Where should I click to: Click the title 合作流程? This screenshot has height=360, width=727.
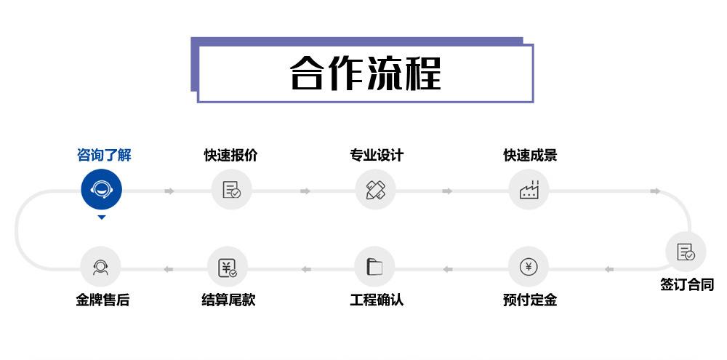[365, 73]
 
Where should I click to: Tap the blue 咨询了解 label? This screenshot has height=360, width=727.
[104, 155]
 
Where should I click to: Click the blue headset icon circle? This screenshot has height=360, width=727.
[101, 190]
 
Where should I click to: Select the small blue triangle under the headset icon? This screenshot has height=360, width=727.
[102, 217]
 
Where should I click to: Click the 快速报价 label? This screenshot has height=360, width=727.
[230, 155]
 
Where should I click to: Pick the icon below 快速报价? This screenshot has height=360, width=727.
[231, 191]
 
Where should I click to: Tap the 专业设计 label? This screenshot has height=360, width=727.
[376, 155]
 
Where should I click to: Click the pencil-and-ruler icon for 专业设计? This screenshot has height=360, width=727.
[375, 191]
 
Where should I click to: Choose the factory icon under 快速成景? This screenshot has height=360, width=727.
[529, 191]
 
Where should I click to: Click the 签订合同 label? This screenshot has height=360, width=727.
[687, 284]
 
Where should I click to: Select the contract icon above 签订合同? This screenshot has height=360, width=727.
[686, 252]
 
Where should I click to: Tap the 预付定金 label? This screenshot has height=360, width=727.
[529, 300]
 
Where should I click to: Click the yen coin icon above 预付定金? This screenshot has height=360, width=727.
[529, 267]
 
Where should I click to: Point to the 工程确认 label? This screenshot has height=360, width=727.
[376, 300]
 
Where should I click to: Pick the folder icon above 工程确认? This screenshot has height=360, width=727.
[374, 267]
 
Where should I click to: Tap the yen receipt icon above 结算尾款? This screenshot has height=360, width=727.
[228, 267]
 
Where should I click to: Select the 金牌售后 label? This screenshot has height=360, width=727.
[103, 300]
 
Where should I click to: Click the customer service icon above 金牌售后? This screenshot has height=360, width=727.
[100, 267]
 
